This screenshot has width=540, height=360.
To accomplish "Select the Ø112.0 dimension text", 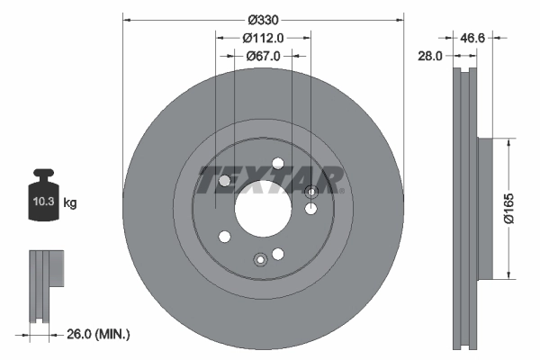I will click(x=264, y=37).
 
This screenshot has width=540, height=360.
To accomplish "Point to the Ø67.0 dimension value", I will click(x=264, y=55).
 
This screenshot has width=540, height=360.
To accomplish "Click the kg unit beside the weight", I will click(x=70, y=203).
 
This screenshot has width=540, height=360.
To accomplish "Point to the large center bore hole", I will click(x=263, y=211).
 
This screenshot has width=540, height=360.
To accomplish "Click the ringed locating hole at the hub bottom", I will click(x=260, y=259).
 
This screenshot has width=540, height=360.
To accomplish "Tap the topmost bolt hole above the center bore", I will click(x=278, y=162).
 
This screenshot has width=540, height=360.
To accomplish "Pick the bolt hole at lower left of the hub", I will click(x=224, y=237).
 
